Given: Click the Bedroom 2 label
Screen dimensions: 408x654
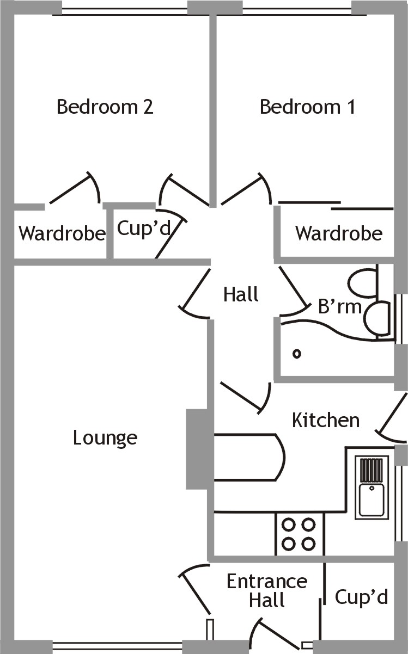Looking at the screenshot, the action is (x=105, y=107).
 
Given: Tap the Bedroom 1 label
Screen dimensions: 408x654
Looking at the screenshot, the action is (x=308, y=107).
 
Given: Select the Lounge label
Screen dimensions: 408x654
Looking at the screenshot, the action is (x=105, y=437).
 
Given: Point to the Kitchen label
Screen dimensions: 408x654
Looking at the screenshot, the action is (x=326, y=420).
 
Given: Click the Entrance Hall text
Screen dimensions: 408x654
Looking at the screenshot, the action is (x=267, y=590).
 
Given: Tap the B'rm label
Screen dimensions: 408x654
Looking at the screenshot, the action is (x=339, y=307).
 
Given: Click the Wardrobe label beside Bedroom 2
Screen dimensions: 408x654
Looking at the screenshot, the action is (x=62, y=234).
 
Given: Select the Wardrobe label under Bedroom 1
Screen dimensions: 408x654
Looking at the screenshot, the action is (x=338, y=234).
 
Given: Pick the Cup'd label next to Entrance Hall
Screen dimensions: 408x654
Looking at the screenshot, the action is (x=361, y=597).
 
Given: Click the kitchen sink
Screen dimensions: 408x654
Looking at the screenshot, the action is (x=372, y=487).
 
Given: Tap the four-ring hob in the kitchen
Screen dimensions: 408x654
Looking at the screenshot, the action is (x=299, y=534).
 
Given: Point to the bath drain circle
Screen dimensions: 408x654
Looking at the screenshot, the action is (x=297, y=354).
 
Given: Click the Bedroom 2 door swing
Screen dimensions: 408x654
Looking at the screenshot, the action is (x=183, y=190).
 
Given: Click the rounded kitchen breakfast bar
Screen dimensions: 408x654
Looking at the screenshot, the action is (x=251, y=457).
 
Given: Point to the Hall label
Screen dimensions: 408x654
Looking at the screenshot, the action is (x=240, y=295).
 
